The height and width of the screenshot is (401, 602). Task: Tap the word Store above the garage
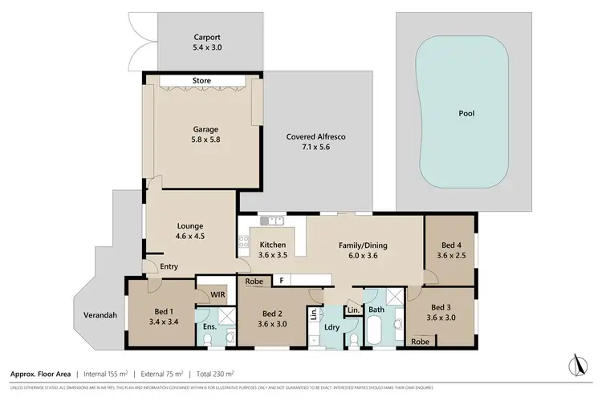tap(201, 80)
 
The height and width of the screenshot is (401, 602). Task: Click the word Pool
tap(466, 113)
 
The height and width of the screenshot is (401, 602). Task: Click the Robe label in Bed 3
tap(419, 341)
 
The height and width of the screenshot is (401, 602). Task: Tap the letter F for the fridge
tap(282, 281)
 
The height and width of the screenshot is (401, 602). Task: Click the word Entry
tap(168, 266)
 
